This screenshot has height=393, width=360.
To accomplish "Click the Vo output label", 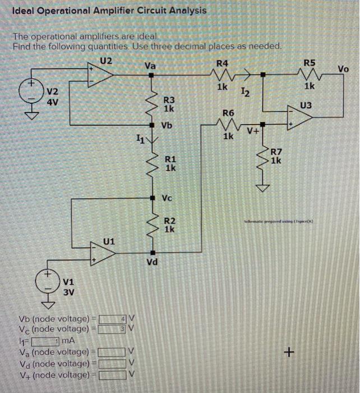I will coord(343,69).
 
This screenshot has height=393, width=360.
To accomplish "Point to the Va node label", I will coord(150,66).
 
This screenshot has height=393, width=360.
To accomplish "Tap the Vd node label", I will coord(151,262).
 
